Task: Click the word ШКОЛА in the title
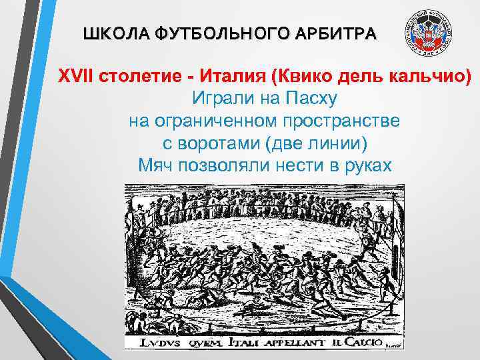click(x=110, y=33)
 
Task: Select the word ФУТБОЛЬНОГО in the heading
click(x=207, y=33)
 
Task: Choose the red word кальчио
click(x=427, y=75)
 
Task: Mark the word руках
click(x=365, y=167)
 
